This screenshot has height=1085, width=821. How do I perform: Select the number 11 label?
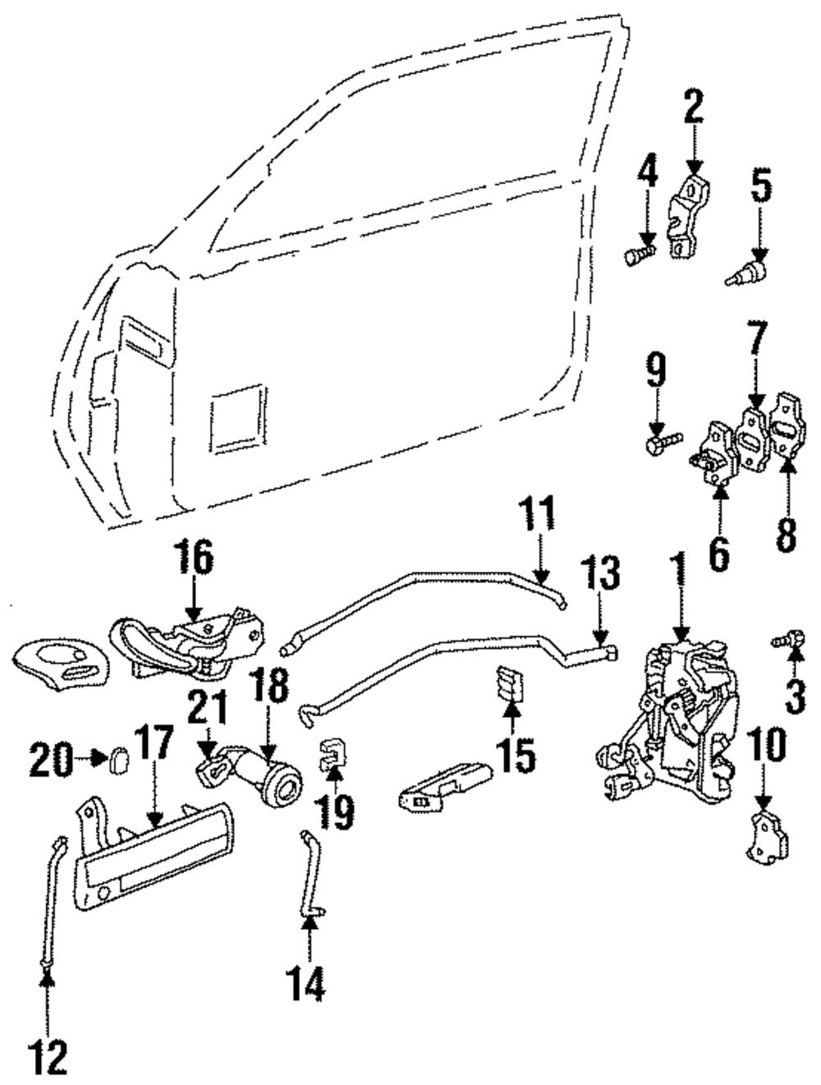point(537,516)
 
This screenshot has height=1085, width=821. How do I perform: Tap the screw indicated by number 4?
point(639,256)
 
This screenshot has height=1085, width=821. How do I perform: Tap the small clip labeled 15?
point(508,683)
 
